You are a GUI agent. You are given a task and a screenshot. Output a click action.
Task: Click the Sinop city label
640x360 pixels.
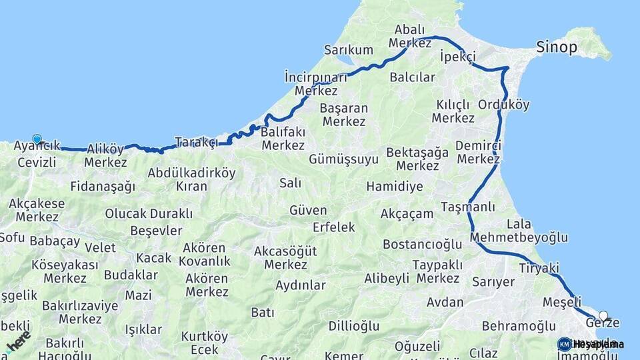click(x=557, y=47)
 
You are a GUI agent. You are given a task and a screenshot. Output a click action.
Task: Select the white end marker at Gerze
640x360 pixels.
click(x=603, y=316)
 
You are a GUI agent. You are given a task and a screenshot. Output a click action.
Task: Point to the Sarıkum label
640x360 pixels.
click(x=349, y=50)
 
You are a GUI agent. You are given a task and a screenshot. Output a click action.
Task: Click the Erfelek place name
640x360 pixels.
click(x=334, y=227)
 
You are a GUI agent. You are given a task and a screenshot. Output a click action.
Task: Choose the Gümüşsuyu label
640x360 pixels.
click(x=343, y=159)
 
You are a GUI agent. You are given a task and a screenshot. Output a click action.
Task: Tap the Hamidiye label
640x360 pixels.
click(x=395, y=187)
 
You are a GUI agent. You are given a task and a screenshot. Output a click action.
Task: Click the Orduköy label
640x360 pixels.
click(x=504, y=105)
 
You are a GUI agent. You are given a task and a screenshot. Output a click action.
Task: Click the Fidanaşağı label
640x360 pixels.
click(x=103, y=187)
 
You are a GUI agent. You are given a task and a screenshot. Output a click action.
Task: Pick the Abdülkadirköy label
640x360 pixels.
click(x=192, y=173)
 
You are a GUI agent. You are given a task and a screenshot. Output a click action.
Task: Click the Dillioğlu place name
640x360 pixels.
click(x=354, y=326)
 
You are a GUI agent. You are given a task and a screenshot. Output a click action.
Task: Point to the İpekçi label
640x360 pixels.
click(x=457, y=58)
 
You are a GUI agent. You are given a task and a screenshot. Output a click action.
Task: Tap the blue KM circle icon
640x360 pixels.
click(x=565, y=344)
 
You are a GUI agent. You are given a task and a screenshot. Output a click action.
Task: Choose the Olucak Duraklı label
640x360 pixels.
click(x=149, y=214)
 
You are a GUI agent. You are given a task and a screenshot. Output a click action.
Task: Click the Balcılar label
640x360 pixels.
click(x=412, y=77)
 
